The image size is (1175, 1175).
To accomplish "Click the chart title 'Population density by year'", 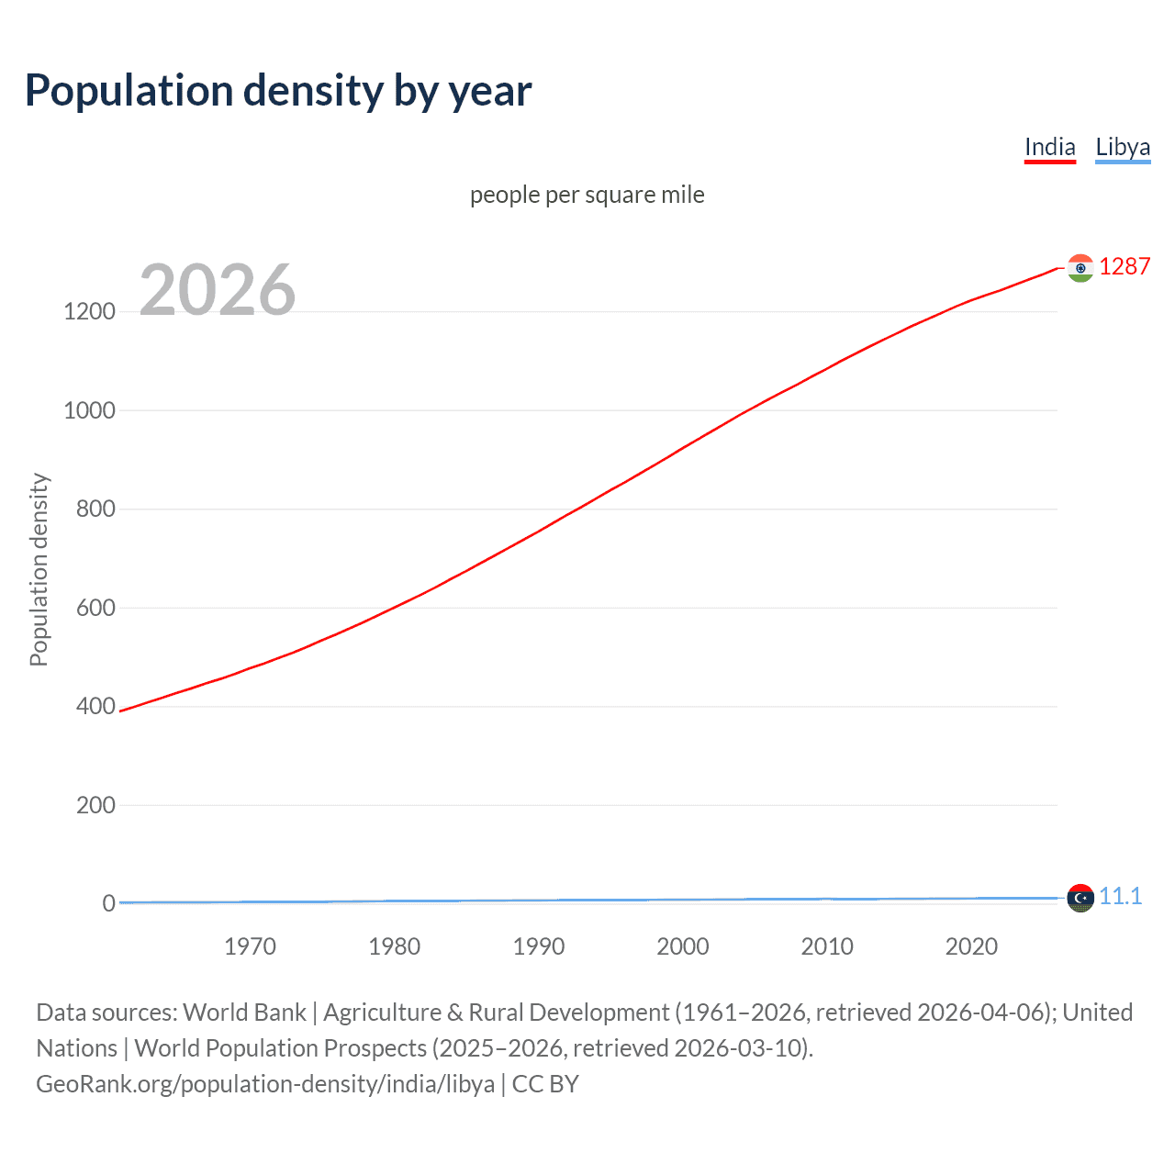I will pyautogui.click(x=278, y=91).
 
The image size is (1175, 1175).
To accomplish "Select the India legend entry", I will pyautogui.click(x=1049, y=148).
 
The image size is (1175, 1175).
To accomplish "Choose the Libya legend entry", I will pyautogui.click(x=1123, y=148).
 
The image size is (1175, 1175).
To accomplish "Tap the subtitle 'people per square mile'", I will pyautogui.click(x=587, y=196).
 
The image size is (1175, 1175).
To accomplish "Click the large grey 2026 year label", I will pyautogui.click(x=218, y=290).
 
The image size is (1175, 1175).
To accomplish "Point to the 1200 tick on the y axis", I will pyautogui.click(x=89, y=312).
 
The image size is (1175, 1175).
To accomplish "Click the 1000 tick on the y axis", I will pyautogui.click(x=89, y=410).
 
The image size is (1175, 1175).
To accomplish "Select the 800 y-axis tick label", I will pyautogui.click(x=95, y=509).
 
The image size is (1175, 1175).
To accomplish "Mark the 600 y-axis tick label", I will pyautogui.click(x=95, y=608).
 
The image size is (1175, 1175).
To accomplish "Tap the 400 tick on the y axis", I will pyautogui.click(x=95, y=707).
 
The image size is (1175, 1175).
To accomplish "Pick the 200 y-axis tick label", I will pyautogui.click(x=95, y=805).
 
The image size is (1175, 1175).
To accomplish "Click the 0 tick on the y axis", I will pyautogui.click(x=108, y=904).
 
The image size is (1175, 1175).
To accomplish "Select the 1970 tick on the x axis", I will pyautogui.click(x=250, y=946).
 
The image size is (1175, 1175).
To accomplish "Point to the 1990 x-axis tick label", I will pyautogui.click(x=539, y=946).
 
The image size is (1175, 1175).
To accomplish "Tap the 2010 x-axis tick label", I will pyautogui.click(x=827, y=946).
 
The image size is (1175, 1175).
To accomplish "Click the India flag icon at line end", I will pyautogui.click(x=1080, y=268).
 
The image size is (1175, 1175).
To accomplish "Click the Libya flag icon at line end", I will pyautogui.click(x=1080, y=898).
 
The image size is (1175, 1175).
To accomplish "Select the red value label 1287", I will pyautogui.click(x=1125, y=267).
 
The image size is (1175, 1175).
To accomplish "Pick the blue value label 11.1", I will pyautogui.click(x=1120, y=897).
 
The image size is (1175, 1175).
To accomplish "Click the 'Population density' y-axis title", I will pyautogui.click(x=39, y=569).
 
